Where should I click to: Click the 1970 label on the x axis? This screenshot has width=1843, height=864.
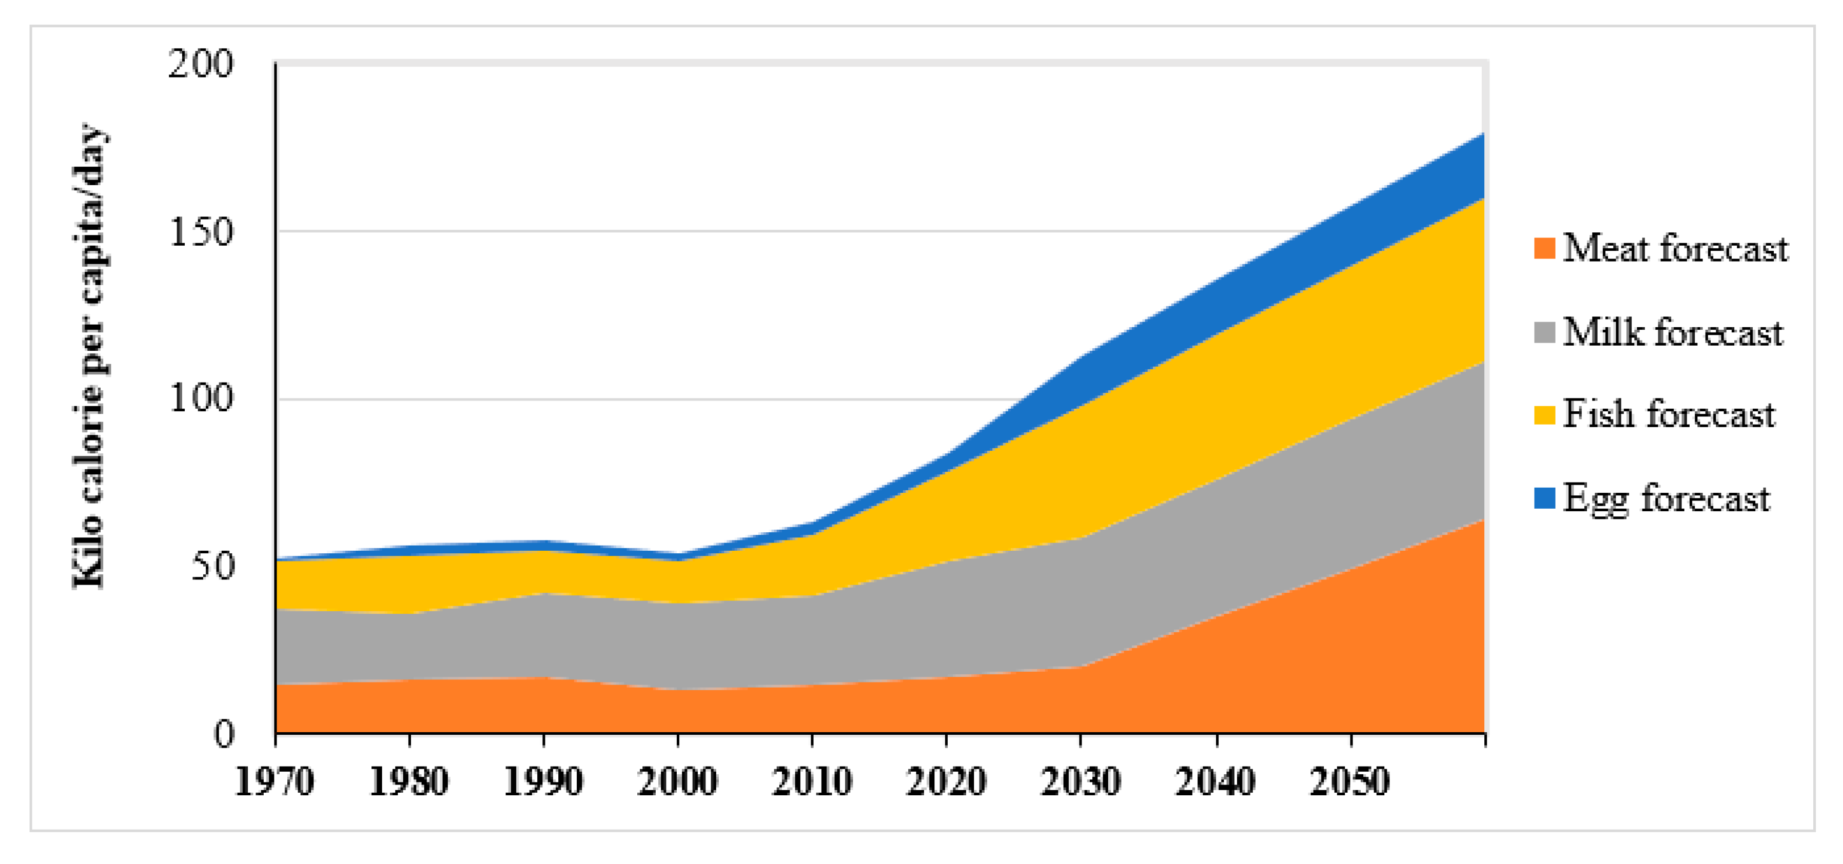tap(275, 781)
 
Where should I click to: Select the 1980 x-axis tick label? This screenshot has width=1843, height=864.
tap(408, 781)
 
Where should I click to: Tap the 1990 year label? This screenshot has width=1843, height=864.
tap(543, 781)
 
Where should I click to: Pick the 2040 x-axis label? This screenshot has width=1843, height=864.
tap(1215, 781)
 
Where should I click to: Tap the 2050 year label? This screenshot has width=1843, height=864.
tap(1350, 781)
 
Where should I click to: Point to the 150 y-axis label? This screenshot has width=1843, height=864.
tap(201, 232)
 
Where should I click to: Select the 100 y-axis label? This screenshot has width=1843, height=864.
tap(201, 398)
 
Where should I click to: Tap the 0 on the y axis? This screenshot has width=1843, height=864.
tap(224, 734)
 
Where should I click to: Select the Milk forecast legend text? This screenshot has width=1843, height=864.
tap(1673, 333)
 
